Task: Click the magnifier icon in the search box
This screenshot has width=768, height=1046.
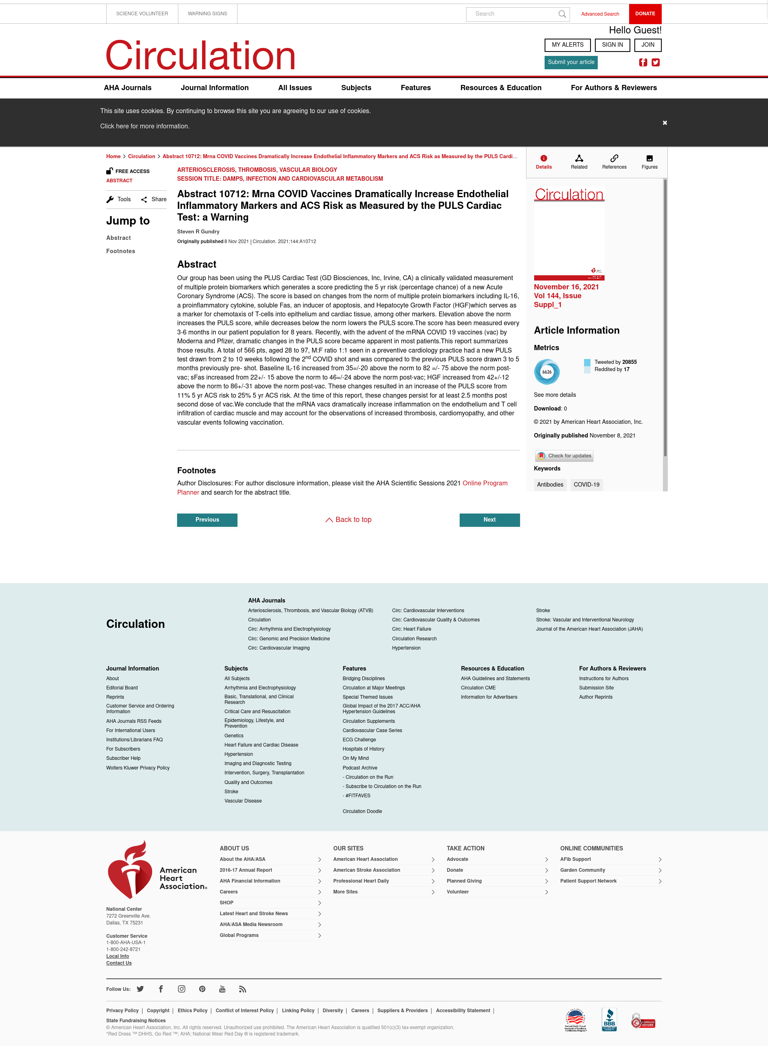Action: tap(562, 14)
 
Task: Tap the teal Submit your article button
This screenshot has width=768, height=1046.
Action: tap(570, 62)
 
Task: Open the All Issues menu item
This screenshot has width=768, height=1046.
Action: tap(295, 88)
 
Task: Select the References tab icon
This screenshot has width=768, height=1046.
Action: tap(614, 159)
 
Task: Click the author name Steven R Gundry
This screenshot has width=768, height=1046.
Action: tap(198, 231)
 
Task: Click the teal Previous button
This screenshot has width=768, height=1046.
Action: tap(207, 520)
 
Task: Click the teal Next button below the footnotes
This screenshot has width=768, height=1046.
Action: tap(489, 520)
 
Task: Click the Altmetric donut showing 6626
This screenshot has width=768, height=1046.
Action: tap(547, 372)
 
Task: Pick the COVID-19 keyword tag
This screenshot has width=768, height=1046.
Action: tap(586, 485)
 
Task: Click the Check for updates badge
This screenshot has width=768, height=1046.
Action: tap(564, 456)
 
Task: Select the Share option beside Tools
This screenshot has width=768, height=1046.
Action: tap(154, 200)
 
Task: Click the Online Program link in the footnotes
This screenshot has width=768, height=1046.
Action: tap(484, 483)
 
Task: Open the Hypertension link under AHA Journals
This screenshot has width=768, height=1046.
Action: tap(406, 648)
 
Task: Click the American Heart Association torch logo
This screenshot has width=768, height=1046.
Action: tap(130, 870)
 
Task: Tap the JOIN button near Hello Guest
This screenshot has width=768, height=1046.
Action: tap(648, 45)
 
